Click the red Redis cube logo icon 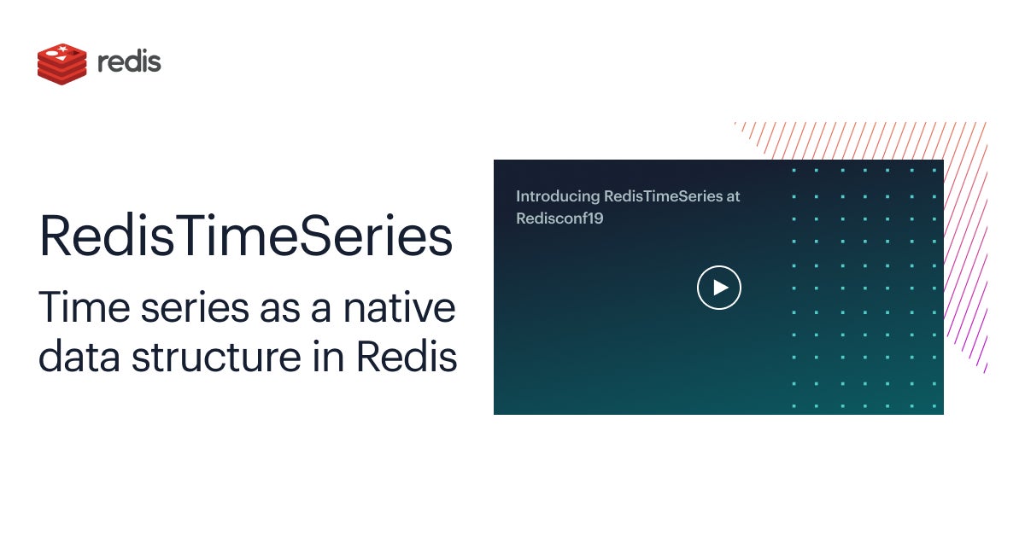pos(61,64)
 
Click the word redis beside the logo pos(130,61)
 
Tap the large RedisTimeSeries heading pos(246,236)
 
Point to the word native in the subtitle pos(400,307)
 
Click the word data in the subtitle pos(79,356)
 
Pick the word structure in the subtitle pos(216,356)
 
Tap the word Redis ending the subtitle pos(407,356)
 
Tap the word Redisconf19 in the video pos(559,218)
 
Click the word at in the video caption pos(733,196)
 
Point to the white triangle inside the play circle pos(721,288)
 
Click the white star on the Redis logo pos(63,49)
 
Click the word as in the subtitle pos(280,310)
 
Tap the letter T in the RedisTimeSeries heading pos(192,235)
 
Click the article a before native pos(321,310)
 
